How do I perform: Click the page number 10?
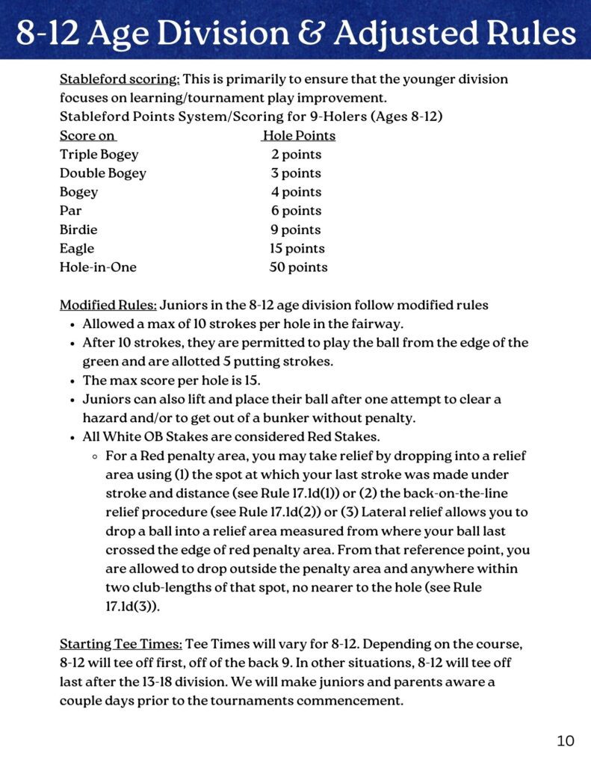point(566,740)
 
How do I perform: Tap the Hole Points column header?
point(299,135)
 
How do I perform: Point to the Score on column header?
point(87,135)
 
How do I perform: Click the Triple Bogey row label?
point(99,155)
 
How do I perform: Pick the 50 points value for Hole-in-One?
point(298,267)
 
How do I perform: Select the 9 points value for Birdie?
point(296,229)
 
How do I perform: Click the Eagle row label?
point(77,248)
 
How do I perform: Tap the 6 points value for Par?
point(296,211)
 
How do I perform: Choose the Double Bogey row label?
point(102,173)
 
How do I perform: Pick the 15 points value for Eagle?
point(297,248)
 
